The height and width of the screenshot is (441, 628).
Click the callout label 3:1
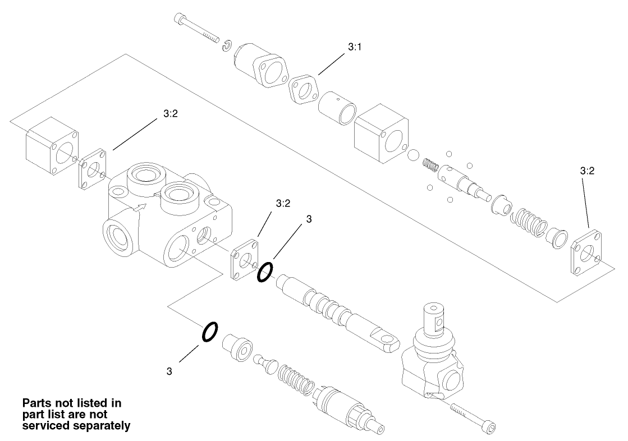354,48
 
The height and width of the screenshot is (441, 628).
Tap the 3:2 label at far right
587,172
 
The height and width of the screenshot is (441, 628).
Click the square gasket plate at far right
586,252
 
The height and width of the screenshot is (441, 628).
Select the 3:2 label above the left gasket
171,113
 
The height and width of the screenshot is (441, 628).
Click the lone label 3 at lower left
169,371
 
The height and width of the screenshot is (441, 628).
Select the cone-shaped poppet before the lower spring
263,362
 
